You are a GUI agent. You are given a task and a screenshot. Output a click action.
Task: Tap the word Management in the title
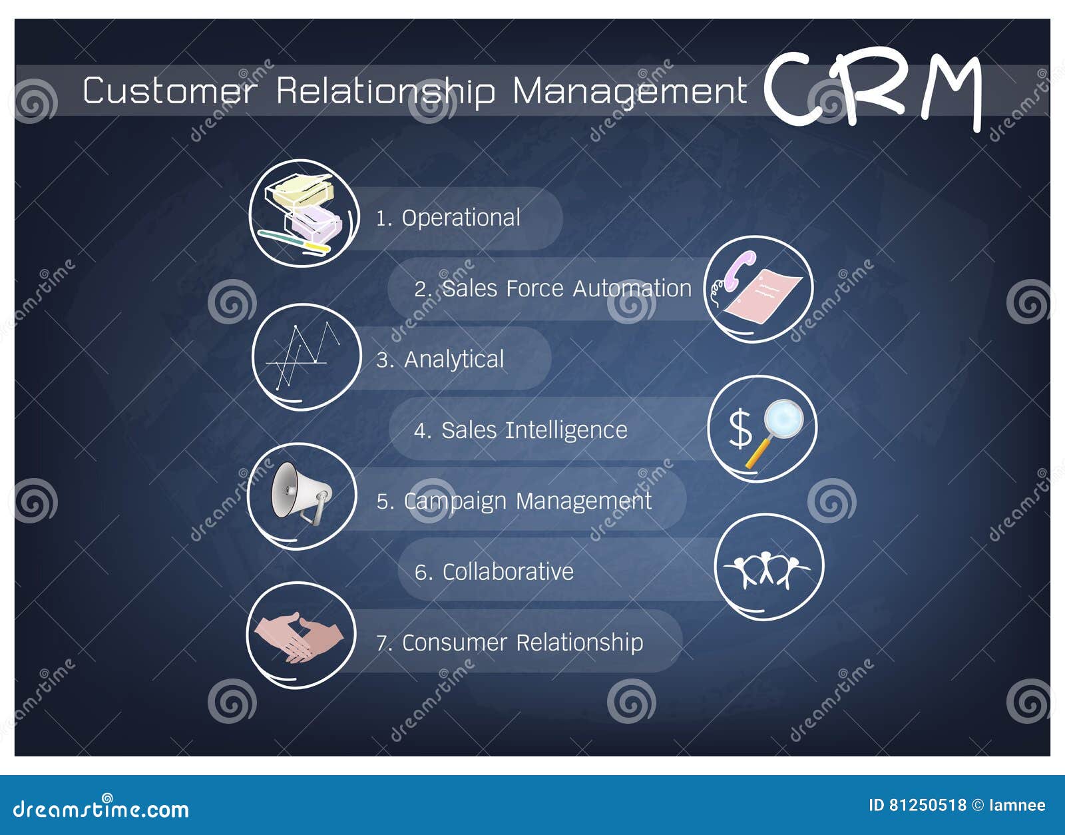630,91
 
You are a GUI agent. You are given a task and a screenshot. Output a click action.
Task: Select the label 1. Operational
448,218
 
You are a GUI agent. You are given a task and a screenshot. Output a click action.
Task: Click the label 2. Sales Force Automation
553,288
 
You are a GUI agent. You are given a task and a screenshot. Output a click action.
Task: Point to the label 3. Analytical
440,360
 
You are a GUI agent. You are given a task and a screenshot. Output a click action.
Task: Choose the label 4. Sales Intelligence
521,430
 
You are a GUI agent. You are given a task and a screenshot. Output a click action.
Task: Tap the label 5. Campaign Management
514,501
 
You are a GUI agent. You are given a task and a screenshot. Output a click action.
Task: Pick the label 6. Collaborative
494,571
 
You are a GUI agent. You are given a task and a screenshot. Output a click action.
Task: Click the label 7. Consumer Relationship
509,643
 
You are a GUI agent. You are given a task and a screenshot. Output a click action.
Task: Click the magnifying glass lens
783,419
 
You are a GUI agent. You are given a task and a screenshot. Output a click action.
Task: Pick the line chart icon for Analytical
304,356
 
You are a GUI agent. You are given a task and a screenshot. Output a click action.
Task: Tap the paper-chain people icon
767,569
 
